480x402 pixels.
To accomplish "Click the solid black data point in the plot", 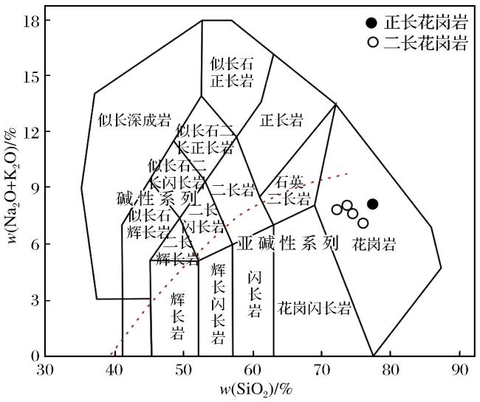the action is [x=372, y=204].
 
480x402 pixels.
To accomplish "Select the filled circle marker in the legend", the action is [x=371, y=23].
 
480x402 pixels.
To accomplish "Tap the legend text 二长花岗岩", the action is [x=426, y=43].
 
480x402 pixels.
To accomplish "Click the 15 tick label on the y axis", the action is [x=31, y=75].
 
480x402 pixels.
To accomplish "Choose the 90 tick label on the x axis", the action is [x=459, y=370].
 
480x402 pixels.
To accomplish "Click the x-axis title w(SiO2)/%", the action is [x=256, y=390].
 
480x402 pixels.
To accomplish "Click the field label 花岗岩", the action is [x=374, y=244].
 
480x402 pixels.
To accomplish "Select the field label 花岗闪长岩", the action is [x=314, y=308].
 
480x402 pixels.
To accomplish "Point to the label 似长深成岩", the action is [x=134, y=120].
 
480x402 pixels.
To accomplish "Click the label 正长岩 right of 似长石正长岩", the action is [x=281, y=119].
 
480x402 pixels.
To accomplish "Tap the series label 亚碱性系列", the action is [x=288, y=243].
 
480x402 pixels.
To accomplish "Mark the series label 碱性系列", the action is [x=157, y=198].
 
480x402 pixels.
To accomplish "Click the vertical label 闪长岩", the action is [x=255, y=294].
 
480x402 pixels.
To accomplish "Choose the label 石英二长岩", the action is [x=289, y=191].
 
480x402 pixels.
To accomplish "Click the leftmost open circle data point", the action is [x=337, y=209].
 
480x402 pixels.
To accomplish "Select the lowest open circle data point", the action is [x=363, y=223].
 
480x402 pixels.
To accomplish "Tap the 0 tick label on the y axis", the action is [x=35, y=356].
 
